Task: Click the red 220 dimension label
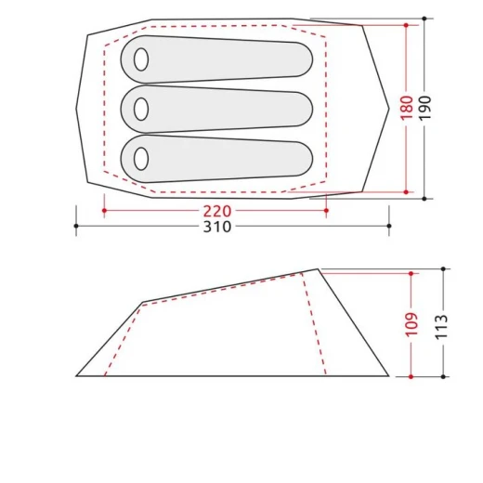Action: click(x=217, y=211)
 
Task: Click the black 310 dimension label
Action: click(x=217, y=227)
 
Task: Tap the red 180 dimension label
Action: click(x=407, y=108)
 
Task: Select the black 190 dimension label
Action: click(x=424, y=108)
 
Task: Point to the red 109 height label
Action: click(x=411, y=324)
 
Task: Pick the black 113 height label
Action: click(x=442, y=327)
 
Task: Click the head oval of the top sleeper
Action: click(x=141, y=59)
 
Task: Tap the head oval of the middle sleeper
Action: click(x=141, y=109)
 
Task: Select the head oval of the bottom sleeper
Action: click(x=141, y=159)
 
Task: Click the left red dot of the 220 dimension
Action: click(x=104, y=211)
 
